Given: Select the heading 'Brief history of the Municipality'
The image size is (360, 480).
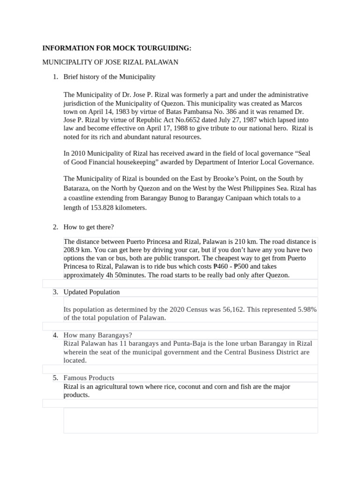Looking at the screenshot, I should pos(109,76).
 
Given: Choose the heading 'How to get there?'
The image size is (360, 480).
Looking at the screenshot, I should pos(89,227).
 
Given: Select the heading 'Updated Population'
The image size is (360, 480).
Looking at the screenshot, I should pos(91,292).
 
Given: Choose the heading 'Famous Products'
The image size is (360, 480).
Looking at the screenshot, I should pos(89,378).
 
